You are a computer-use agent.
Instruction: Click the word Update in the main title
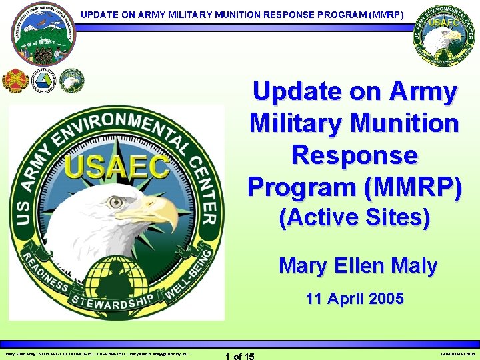(x=298, y=92)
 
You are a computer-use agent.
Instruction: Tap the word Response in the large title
(x=354, y=155)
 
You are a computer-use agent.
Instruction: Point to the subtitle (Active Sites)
(x=354, y=218)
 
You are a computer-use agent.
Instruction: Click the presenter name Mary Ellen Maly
(x=358, y=265)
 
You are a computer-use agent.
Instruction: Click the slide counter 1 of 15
(x=240, y=356)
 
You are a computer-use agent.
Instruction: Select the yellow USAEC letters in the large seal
(x=117, y=166)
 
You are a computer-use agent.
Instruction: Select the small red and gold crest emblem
(x=14, y=81)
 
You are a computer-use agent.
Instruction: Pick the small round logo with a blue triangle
(x=44, y=81)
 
